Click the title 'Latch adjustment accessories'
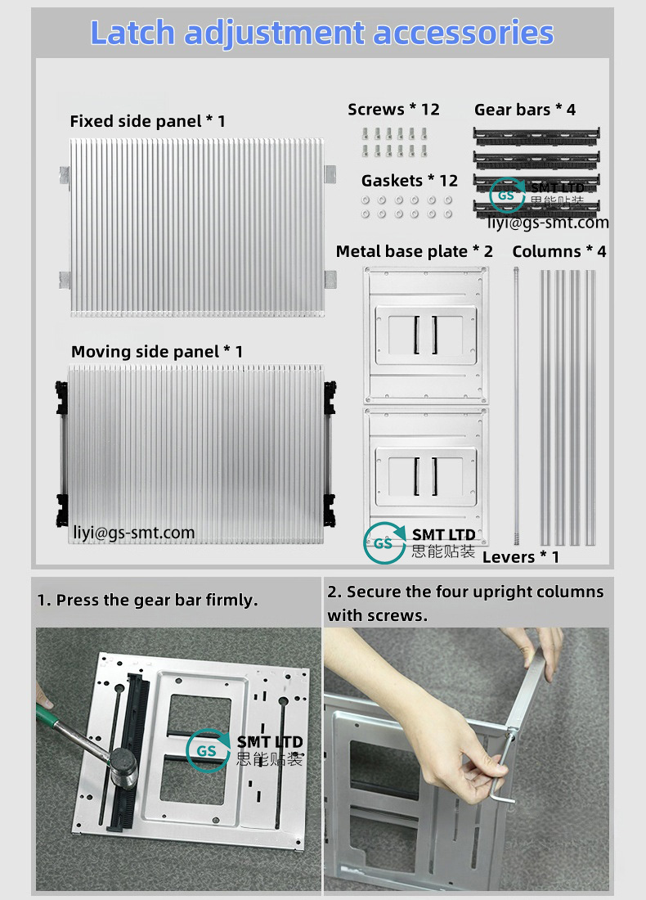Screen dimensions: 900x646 click(x=322, y=33)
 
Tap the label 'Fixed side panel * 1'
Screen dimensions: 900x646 click(x=147, y=121)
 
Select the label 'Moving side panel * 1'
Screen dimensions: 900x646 click(x=157, y=352)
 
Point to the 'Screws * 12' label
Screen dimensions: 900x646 click(x=393, y=110)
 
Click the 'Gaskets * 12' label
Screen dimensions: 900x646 click(x=410, y=180)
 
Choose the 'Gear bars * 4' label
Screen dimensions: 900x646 click(x=525, y=110)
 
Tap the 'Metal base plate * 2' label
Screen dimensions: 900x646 click(x=415, y=251)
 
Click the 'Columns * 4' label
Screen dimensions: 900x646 click(x=559, y=251)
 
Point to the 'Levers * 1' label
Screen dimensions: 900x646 click(x=521, y=557)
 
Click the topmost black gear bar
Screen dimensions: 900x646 click(x=536, y=133)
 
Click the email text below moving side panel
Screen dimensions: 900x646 click(x=134, y=533)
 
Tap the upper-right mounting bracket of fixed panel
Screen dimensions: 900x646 click(x=330, y=174)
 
